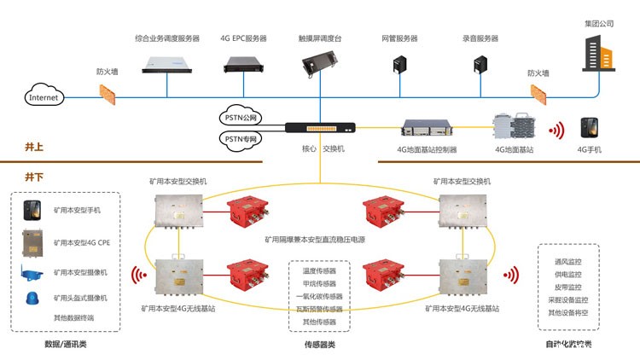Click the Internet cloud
click(x=44, y=96)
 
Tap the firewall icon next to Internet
click(x=107, y=91)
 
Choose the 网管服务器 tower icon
click(x=399, y=65)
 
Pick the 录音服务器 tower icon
click(x=480, y=65)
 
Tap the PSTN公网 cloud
click(x=242, y=118)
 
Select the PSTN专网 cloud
click(x=242, y=138)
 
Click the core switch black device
click(x=319, y=129)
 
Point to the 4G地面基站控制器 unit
click(x=428, y=131)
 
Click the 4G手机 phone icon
click(x=589, y=130)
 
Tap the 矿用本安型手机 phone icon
click(x=32, y=210)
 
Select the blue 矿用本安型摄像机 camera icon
click(x=32, y=273)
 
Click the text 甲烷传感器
click(x=319, y=283)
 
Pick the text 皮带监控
click(x=567, y=287)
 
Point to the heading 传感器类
click(x=319, y=345)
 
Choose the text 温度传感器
click(x=319, y=270)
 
